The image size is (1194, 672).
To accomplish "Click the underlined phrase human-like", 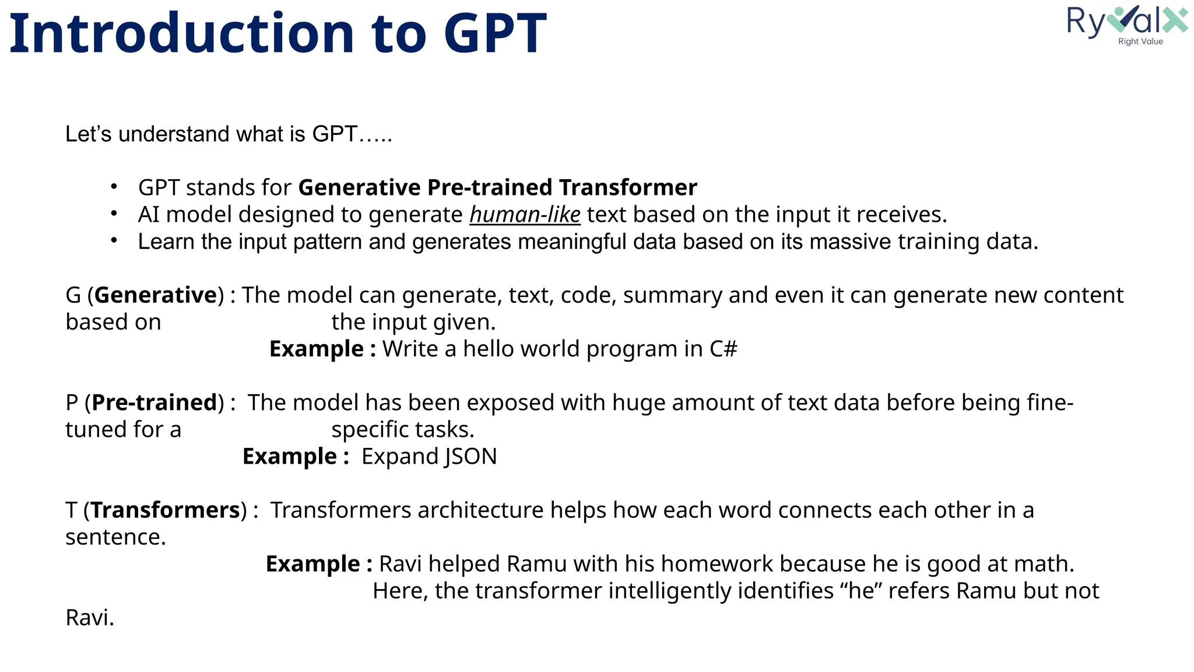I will click(525, 215).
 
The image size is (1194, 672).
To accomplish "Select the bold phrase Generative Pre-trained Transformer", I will click(497, 188).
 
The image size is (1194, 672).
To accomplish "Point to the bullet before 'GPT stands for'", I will click(114, 187).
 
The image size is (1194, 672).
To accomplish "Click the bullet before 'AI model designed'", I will click(114, 214).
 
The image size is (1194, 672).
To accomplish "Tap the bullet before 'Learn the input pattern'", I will click(114, 241).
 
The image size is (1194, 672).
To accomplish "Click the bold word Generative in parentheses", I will click(156, 295).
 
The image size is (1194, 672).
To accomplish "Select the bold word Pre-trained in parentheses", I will click(154, 402).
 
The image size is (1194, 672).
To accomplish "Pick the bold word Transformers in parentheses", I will click(166, 510).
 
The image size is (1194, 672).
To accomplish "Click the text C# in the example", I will click(723, 349).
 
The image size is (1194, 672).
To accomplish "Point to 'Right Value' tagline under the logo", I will click(1140, 41).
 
